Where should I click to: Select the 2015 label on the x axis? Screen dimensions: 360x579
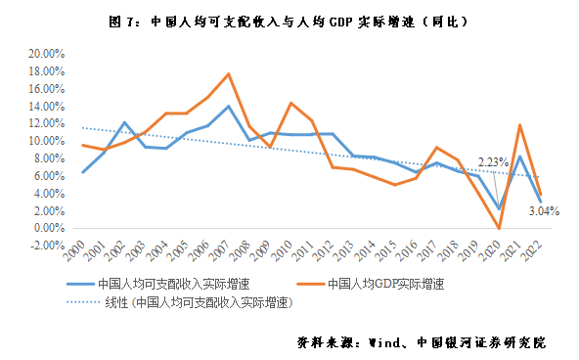(x=390, y=250)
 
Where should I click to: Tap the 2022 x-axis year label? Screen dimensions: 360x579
(x=536, y=250)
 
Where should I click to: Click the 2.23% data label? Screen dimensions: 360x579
(x=492, y=162)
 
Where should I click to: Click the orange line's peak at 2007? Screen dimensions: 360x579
(x=228, y=74)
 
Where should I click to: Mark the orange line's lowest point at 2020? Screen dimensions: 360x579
(x=499, y=228)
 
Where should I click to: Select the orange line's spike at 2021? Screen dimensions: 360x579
(x=519, y=124)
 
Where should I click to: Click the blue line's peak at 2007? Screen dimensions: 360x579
(x=228, y=106)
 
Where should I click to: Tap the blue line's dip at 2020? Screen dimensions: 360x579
(x=499, y=208)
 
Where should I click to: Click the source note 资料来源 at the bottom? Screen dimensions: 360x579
(x=421, y=343)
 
